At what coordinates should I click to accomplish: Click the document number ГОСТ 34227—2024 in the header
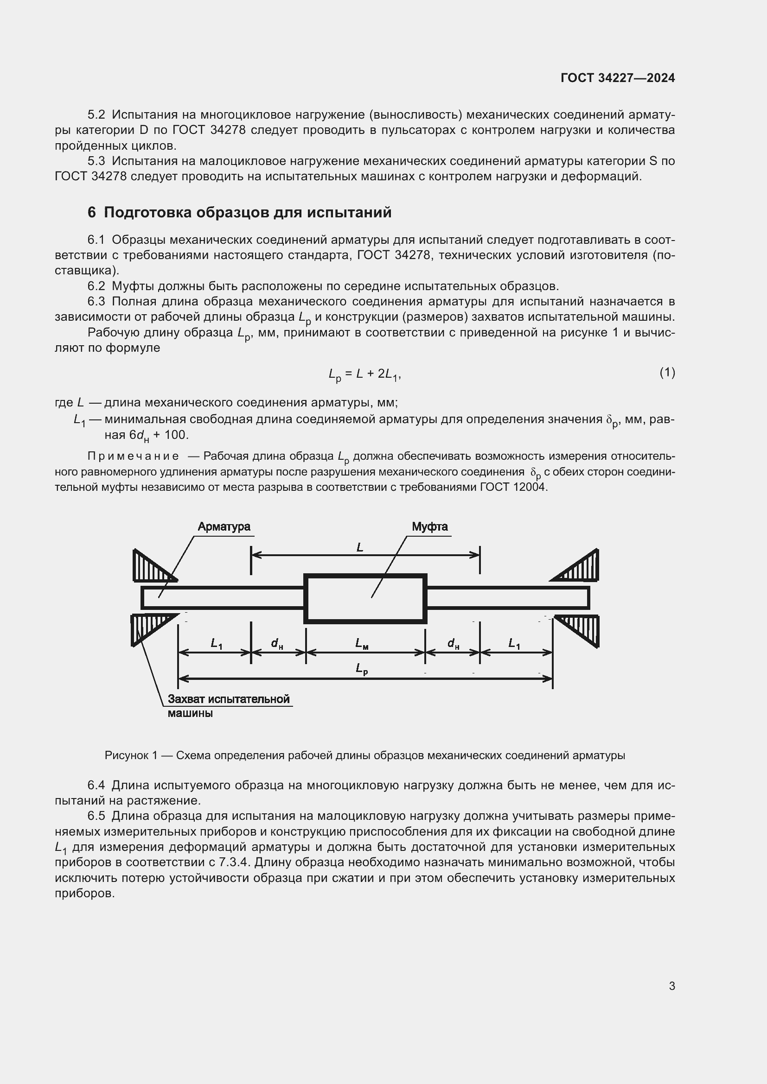(617, 78)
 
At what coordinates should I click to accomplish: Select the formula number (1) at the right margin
(667, 373)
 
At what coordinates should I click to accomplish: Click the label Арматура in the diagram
(224, 526)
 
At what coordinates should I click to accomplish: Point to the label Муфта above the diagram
(429, 526)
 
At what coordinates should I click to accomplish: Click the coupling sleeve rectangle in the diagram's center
(365, 598)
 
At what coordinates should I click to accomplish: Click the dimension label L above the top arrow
(360, 547)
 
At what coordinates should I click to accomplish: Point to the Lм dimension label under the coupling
(362, 643)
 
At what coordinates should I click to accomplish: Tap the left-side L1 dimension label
(216, 643)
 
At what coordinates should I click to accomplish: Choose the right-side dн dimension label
(453, 643)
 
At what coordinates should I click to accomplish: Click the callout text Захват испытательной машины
(229, 705)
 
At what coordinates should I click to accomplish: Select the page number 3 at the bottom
(671, 986)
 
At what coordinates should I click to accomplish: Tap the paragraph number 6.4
(96, 785)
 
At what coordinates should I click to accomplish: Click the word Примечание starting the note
(133, 456)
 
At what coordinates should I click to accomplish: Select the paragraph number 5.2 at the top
(96, 115)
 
